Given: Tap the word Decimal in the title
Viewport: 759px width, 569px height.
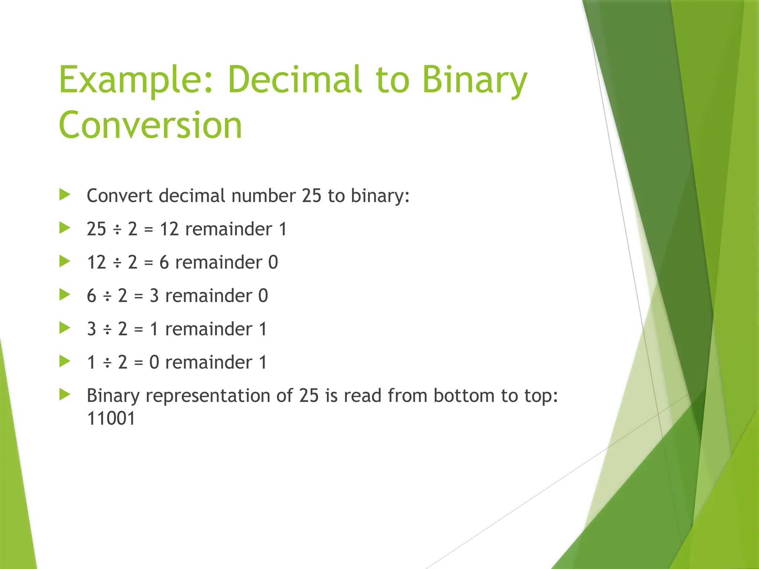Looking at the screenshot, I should coord(295,79).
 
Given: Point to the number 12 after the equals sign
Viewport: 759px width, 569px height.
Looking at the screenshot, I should coord(169,229).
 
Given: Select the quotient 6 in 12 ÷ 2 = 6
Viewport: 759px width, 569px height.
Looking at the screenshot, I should coord(164,263).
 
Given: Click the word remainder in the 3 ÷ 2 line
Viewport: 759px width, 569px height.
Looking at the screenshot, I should coord(208,329).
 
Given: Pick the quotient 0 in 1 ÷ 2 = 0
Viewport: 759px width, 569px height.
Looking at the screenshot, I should coord(154,363).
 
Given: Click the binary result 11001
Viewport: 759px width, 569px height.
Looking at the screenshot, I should coord(111,419).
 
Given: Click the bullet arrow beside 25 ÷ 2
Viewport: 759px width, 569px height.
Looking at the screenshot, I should coord(64,228).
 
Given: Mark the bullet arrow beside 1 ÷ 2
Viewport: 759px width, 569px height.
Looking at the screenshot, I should coord(64,361).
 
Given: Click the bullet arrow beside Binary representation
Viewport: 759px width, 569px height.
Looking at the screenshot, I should coord(64,395).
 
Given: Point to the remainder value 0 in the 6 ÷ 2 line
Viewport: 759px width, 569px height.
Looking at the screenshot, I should coord(263,296).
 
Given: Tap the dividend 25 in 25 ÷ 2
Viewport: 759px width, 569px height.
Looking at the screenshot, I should coord(96,229).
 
